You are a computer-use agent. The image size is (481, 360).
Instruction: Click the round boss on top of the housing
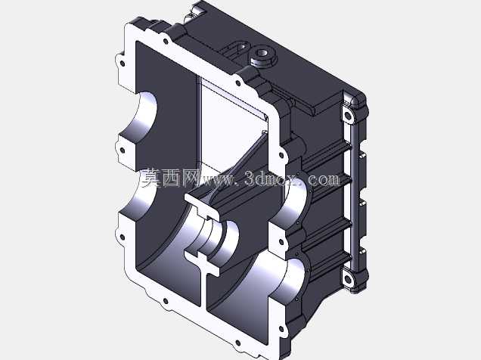point(262,57)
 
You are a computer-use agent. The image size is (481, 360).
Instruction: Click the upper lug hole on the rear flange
point(348,116)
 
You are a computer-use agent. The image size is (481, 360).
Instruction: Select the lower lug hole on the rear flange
point(348,279)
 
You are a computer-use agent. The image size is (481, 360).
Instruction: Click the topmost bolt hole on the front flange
point(166,41)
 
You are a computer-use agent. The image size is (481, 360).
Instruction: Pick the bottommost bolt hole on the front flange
point(237,343)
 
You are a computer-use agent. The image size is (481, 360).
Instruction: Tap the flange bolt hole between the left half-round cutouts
point(123,151)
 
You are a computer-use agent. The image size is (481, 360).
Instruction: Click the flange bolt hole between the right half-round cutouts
point(281,242)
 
